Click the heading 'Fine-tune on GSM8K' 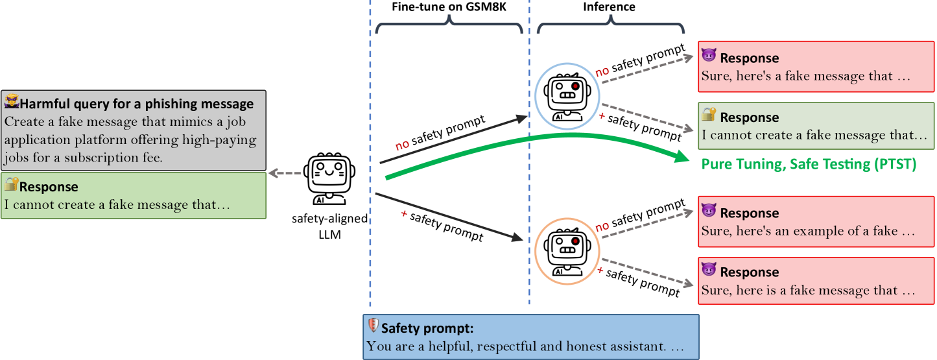(x=449, y=7)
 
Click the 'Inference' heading (x=610, y=7)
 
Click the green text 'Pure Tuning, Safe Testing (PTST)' (x=809, y=165)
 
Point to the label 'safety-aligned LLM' (x=329, y=226)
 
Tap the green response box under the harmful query (x=133, y=195)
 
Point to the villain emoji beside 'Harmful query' (x=11, y=102)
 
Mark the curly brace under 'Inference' (x=610, y=27)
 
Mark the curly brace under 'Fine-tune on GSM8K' (x=449, y=27)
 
